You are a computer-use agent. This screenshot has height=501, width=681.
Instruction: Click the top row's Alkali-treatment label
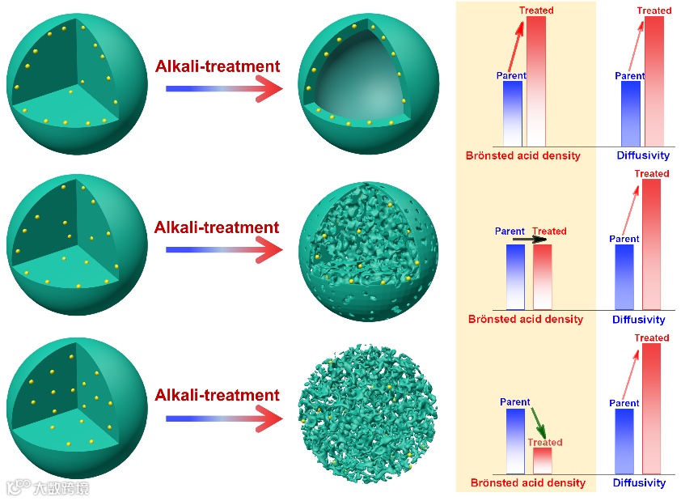[218, 66]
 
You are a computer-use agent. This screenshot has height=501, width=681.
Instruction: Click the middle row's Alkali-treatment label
[216, 227]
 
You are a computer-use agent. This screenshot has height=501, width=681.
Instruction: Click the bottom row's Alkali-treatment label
[216, 395]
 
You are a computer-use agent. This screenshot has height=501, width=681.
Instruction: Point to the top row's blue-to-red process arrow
[223, 88]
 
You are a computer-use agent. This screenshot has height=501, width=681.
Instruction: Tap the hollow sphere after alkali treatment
[369, 80]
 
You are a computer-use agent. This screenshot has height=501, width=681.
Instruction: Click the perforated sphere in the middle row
[369, 248]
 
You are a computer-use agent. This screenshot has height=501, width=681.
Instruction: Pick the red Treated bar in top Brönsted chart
[535, 81]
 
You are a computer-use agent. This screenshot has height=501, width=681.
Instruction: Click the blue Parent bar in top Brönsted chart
[512, 113]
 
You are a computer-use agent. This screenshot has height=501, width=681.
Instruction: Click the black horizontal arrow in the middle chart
[530, 240]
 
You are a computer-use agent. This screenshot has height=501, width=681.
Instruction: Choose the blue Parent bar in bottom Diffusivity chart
[624, 441]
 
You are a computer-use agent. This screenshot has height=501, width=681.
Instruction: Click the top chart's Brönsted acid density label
[522, 155]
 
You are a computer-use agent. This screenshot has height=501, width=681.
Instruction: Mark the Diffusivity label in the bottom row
[639, 483]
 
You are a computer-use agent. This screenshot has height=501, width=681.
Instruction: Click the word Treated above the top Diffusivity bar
[654, 11]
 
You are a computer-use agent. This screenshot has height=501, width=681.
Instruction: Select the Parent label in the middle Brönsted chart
[510, 231]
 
